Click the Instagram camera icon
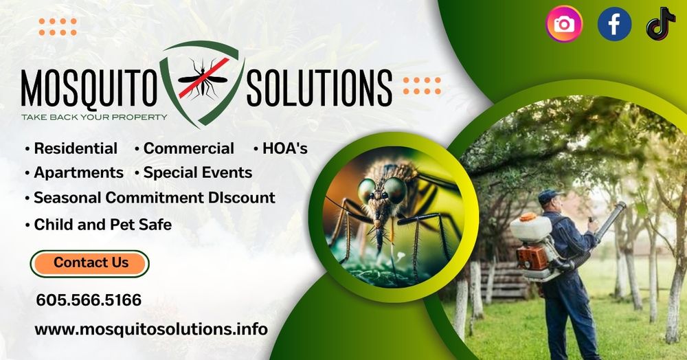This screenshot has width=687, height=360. [x=564, y=24]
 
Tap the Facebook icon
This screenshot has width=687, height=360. [x=614, y=24]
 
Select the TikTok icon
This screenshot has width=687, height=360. [x=661, y=24]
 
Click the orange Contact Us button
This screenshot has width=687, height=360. [x=90, y=263]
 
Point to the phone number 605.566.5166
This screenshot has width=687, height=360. [x=89, y=300]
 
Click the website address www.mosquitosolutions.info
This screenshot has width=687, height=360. [x=151, y=329]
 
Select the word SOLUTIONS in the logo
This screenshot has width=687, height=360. [x=319, y=88]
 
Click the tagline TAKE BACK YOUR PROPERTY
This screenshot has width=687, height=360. [x=94, y=117]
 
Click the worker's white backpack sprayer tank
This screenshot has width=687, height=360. [x=530, y=229]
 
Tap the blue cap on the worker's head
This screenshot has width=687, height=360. [x=549, y=196]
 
